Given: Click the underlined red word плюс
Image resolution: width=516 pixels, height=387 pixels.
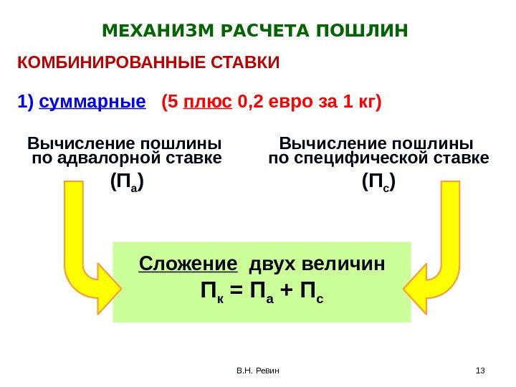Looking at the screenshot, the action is coord(208,100).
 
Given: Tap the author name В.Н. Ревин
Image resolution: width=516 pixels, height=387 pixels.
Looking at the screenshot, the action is coord(259,371).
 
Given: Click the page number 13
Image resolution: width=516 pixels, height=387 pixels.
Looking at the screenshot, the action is coord(480,371).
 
